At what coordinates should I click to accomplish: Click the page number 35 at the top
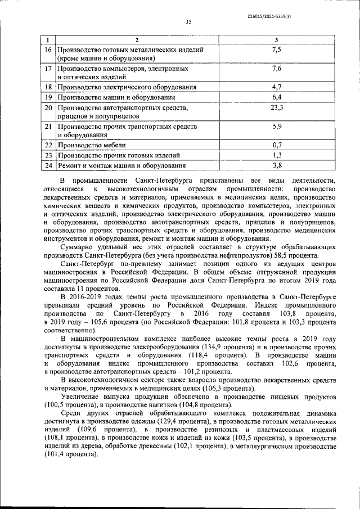(188, 22)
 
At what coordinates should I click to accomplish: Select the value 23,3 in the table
(276, 107)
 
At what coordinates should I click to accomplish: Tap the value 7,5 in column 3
(276, 49)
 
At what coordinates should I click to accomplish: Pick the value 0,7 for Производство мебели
(276, 145)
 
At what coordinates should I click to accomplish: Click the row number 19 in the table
(48, 97)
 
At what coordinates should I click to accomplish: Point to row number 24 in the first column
(48, 165)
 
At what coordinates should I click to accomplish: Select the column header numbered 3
(276, 39)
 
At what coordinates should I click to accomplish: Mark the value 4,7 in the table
(276, 87)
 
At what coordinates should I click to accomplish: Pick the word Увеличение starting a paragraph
(83, 397)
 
